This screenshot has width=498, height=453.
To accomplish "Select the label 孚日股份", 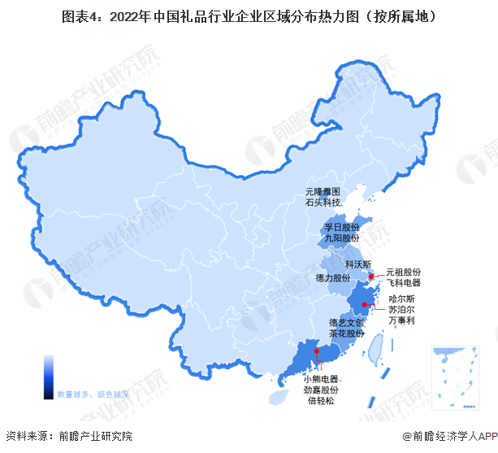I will tap(341, 227).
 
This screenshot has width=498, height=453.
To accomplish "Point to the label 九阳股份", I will tap(341, 238).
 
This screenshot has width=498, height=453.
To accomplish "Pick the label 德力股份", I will tap(332, 278).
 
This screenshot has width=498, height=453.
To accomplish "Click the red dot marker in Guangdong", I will tap(317, 352).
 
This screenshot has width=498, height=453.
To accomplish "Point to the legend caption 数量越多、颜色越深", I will tap(93, 394).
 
